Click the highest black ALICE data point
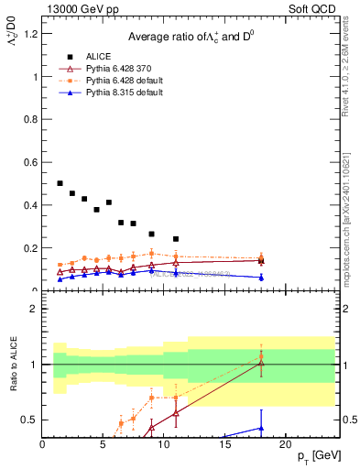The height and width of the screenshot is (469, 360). coord(60,183)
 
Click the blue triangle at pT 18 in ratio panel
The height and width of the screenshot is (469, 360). coord(261,428)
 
